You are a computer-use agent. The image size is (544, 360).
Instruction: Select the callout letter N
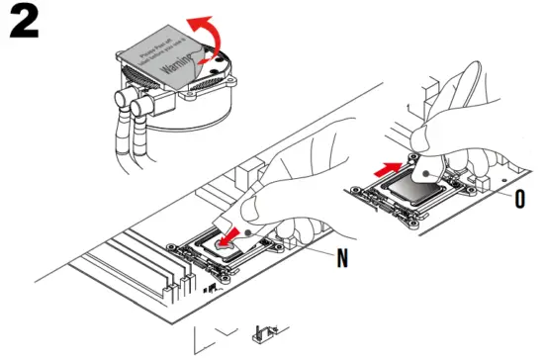pos(341,260)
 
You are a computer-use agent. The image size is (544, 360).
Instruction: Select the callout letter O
pos(521,196)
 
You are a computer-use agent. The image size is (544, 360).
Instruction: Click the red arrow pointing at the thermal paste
pos(229,237)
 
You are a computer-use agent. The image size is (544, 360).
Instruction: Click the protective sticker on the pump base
pos(163,64)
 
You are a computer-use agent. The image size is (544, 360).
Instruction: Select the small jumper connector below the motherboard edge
pos(264,333)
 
